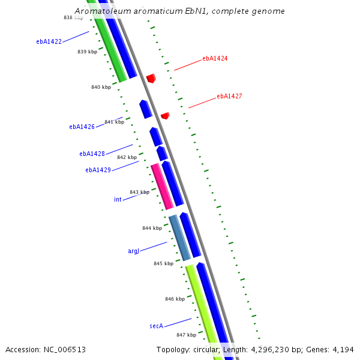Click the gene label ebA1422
pyautogui.click(x=49, y=42)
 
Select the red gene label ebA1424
pyautogui.click(x=215, y=59)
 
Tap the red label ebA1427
pyautogui.click(x=229, y=96)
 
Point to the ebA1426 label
pyautogui.click(x=82, y=127)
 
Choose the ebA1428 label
pyautogui.click(x=92, y=154)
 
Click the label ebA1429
pyautogui.click(x=98, y=170)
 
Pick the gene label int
pyautogui.click(x=118, y=199)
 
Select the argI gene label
pyautogui.click(x=133, y=251)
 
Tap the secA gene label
pyautogui.click(x=156, y=326)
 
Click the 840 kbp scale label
pyautogui.click(x=101, y=88)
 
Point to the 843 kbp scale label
pyautogui.click(x=139, y=193)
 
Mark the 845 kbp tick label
pyautogui.click(x=163, y=263)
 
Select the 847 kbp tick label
pyautogui.click(x=186, y=335)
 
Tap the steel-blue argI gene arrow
pyautogui.click(x=179, y=238)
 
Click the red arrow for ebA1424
pyautogui.click(x=151, y=78)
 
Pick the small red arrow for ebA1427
pyautogui.click(x=165, y=115)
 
